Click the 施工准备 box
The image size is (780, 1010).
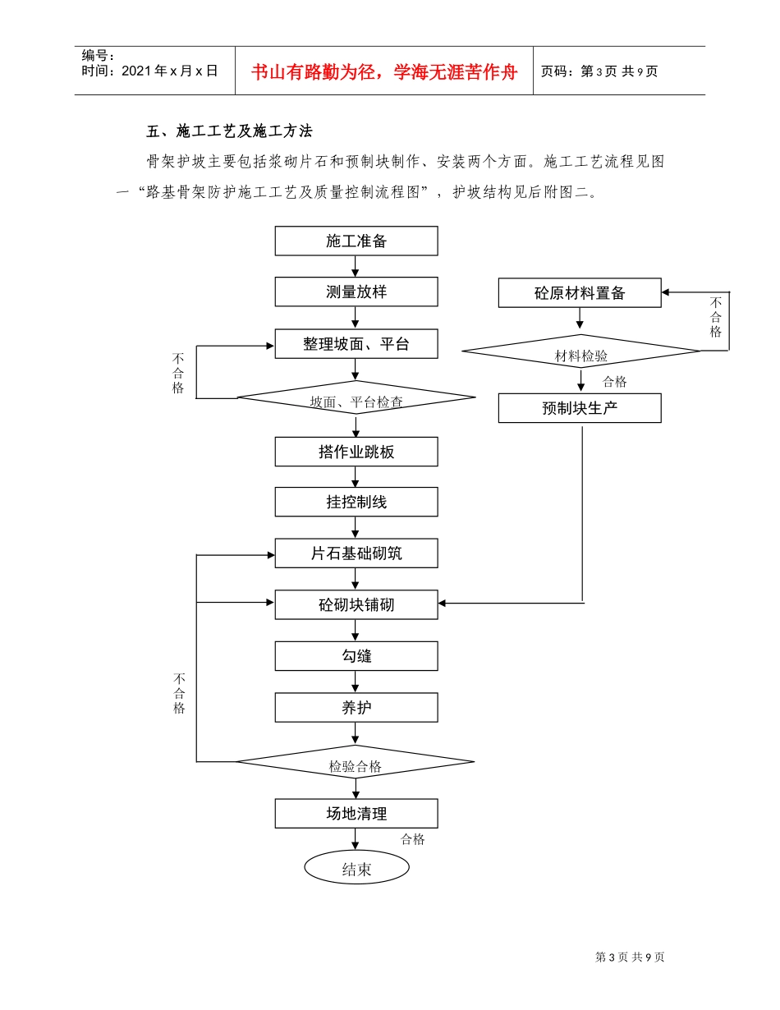click(356, 241)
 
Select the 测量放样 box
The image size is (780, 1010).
click(356, 292)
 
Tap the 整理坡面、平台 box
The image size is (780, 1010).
click(356, 344)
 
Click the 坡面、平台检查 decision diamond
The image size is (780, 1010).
click(356, 398)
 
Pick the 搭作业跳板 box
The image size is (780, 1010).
click(356, 452)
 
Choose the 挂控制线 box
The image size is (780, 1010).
click(356, 502)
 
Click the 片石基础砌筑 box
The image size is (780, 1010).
click(356, 553)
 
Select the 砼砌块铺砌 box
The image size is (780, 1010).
click(356, 604)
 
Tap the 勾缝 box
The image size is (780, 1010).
click(356, 656)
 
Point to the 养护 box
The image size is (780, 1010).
click(356, 707)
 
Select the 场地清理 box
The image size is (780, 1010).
click(356, 814)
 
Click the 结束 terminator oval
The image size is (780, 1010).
click(356, 868)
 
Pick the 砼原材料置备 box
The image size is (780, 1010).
click(580, 293)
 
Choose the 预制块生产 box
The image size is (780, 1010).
click(580, 408)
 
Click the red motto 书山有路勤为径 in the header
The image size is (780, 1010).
click(384, 72)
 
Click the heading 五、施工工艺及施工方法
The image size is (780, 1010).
click(229, 131)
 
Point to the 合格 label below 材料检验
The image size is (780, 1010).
click(614, 382)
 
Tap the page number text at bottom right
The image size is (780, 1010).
click(629, 957)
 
